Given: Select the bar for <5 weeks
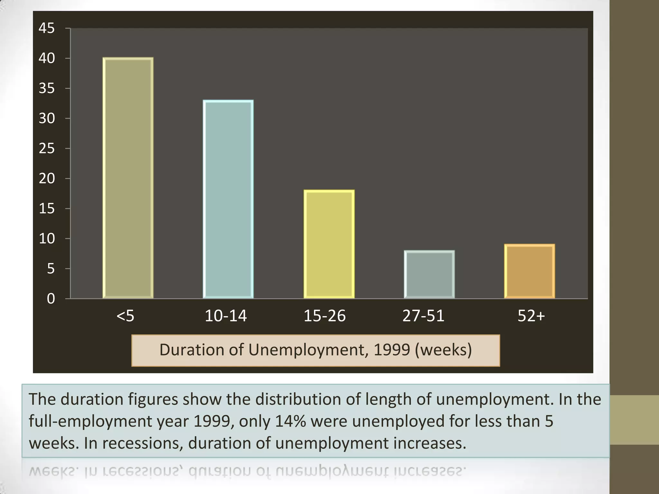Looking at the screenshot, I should point(128,178).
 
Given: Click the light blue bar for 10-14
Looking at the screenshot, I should point(228,199).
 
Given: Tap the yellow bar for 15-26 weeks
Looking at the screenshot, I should point(329,244).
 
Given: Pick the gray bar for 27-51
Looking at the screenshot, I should point(429,274).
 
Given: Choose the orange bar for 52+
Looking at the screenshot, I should point(529,271).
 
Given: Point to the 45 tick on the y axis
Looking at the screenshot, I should point(47,28).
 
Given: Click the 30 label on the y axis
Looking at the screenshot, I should point(47,118).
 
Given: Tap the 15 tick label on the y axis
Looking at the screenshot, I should point(47,209).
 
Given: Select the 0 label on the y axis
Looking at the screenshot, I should point(51,299).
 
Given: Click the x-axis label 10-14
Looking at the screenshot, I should point(226,316).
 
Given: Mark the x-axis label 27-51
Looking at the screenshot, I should point(423,316).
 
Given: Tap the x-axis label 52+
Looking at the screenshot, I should point(531,316).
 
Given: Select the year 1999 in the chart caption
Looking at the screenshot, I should point(392,350).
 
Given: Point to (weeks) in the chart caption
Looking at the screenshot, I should point(443,350).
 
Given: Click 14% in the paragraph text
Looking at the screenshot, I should point(290,421).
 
